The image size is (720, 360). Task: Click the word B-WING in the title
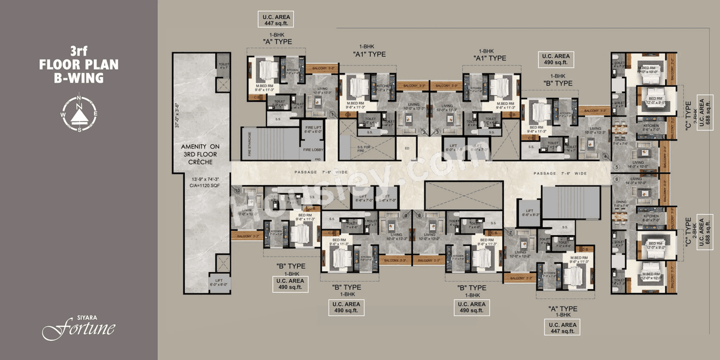[x=79, y=78]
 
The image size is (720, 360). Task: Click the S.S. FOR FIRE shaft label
[x=364, y=148]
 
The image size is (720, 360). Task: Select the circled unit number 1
[x=334, y=115]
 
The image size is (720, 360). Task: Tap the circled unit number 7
[x=510, y=232]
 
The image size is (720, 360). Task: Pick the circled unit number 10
[x=237, y=191]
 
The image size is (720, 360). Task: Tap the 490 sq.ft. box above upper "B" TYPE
[x=556, y=59]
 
